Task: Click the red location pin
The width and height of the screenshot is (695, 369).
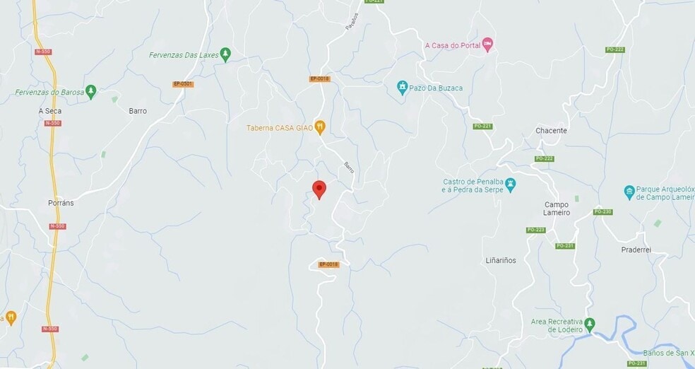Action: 319,189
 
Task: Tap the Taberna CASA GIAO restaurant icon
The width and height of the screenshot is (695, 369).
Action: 320,127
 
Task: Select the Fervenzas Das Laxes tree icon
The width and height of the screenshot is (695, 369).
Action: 225,54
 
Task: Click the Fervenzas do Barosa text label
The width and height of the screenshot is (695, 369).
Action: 49,93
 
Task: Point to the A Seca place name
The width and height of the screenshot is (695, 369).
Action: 49,111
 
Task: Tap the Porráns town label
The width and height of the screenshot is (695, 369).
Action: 61,203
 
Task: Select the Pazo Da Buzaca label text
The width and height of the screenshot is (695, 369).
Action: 439,88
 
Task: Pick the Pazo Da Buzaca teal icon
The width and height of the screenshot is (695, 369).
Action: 403,88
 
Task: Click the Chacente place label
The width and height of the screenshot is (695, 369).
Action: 551,131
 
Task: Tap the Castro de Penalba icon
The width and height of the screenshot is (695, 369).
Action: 511,185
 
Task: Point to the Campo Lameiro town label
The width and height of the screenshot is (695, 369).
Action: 557,209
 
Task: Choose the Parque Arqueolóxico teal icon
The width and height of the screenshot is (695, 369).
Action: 629,192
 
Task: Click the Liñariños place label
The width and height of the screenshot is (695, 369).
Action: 501,260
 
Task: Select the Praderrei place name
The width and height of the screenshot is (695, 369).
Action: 635,250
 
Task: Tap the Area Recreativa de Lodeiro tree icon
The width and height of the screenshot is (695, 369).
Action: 590,324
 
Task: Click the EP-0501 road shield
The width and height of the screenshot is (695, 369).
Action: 183,84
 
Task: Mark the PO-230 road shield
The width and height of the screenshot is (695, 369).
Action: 602,211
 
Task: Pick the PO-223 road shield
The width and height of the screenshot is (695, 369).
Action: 535,230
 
